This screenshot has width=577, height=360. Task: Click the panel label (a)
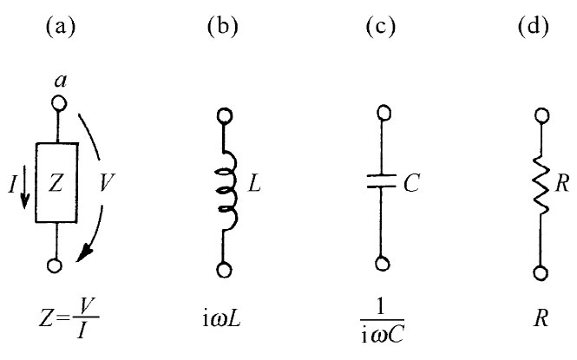click(58, 25)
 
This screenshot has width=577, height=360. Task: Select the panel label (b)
click(225, 25)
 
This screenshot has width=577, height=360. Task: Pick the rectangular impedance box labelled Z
click(58, 183)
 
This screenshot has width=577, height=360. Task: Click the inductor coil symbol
click(226, 186)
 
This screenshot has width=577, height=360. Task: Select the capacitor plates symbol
click(378, 185)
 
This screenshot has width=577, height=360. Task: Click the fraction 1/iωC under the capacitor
click(378, 319)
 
